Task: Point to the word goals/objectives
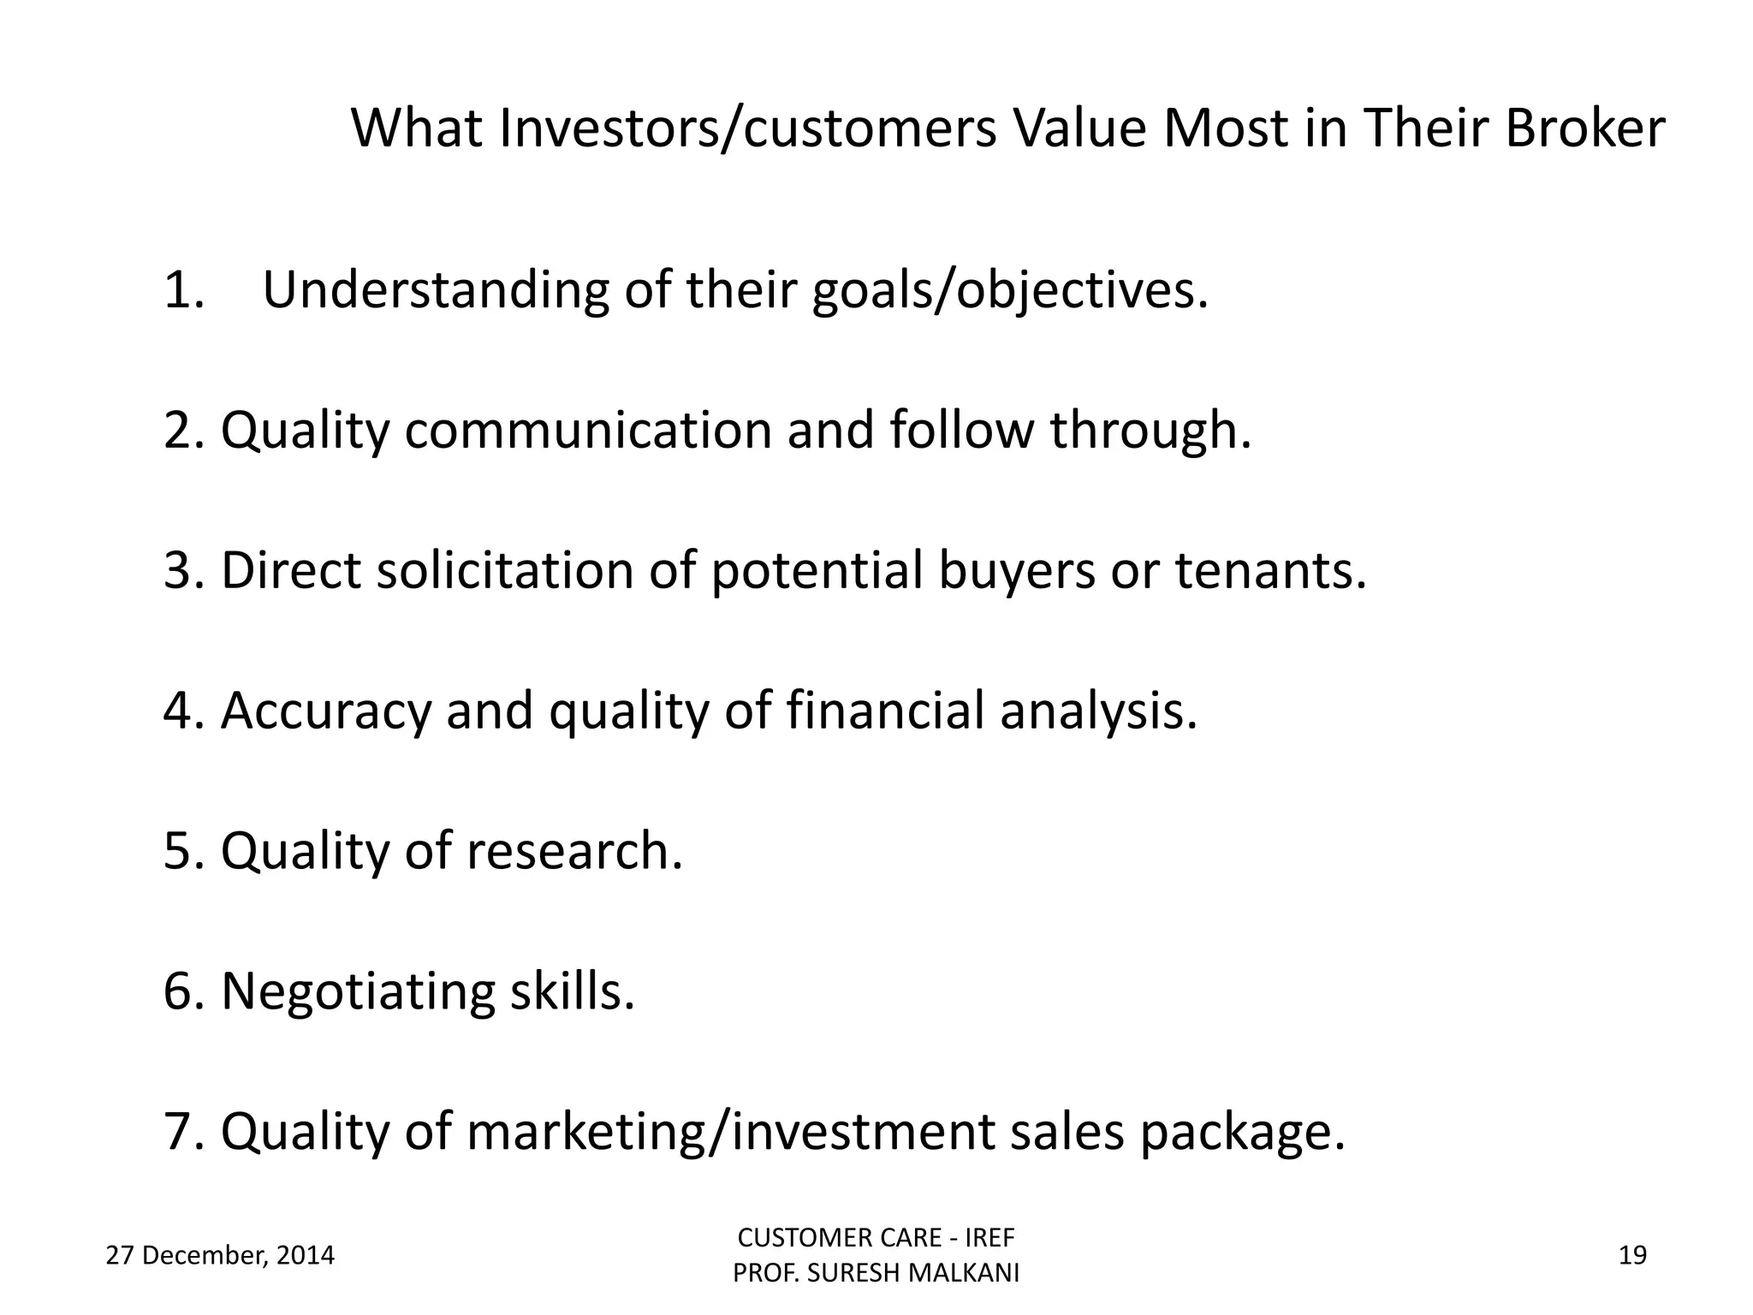(1009, 291)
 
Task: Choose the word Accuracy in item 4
(325, 711)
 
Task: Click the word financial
(885, 711)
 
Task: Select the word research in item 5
(574, 851)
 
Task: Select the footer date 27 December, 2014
(220, 1256)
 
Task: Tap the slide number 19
(1633, 1256)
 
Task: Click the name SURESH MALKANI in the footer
(913, 1274)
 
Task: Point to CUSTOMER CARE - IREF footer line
(876, 1238)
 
